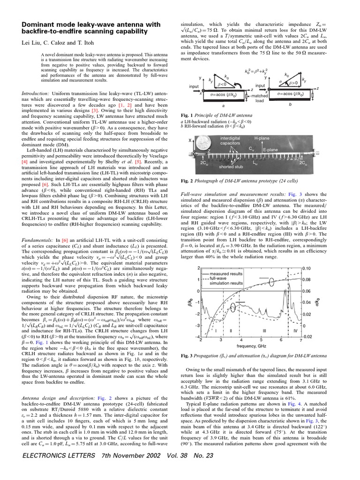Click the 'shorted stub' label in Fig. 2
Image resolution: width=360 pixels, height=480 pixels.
[x=231, y=166]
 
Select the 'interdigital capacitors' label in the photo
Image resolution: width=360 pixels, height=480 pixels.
[x=230, y=141]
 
